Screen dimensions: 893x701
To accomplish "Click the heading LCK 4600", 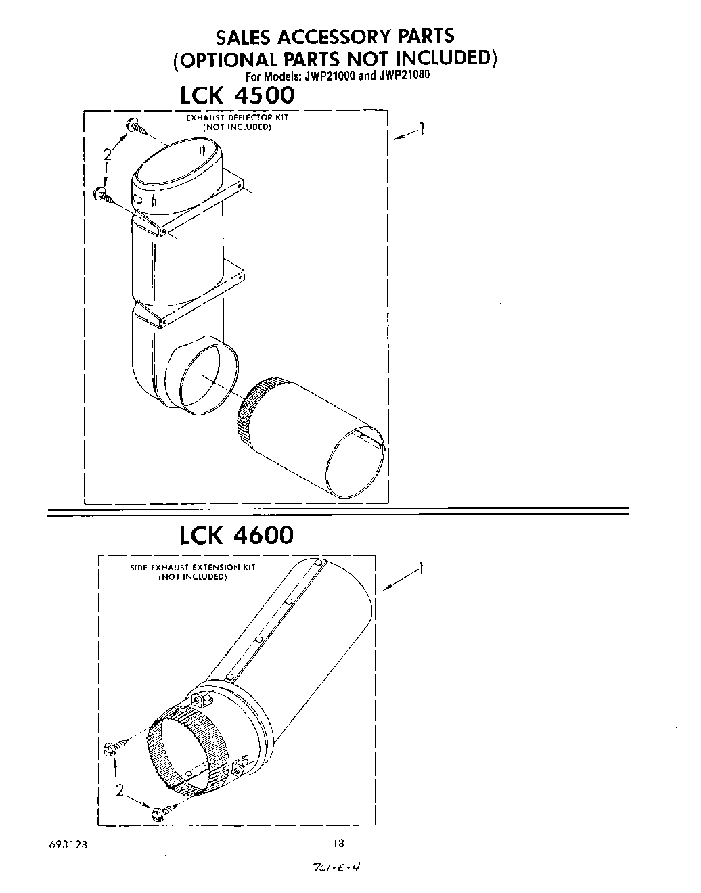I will [x=236, y=535].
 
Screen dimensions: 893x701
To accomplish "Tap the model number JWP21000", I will [x=328, y=76].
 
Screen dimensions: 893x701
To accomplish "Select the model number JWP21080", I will [x=403, y=76].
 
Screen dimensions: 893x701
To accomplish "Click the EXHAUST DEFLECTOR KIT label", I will [x=237, y=118].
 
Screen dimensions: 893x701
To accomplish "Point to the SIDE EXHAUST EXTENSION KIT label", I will [x=192, y=568].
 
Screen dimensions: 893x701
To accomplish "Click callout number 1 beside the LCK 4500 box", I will [x=421, y=128].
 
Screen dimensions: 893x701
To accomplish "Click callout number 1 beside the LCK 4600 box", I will [x=421, y=569].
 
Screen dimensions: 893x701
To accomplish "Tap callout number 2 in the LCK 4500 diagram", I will [x=107, y=155].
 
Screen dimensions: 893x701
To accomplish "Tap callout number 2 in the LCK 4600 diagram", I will [x=119, y=790].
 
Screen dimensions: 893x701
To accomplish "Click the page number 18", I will [x=338, y=843].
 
